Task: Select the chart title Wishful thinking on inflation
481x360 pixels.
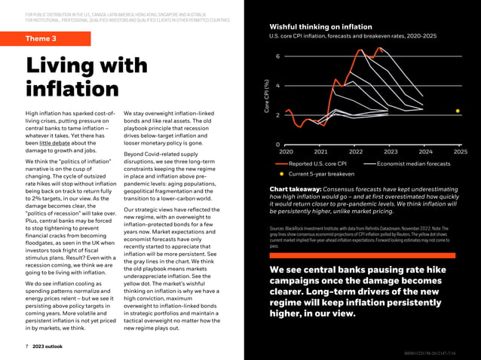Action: pyautogui.click(x=315, y=26)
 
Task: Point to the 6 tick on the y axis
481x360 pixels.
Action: pyautogui.click(x=278, y=56)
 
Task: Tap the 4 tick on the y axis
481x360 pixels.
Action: pyautogui.click(x=278, y=86)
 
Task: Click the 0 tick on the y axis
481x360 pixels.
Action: pyautogui.click(x=278, y=145)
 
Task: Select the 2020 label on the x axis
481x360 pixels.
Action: pyautogui.click(x=286, y=151)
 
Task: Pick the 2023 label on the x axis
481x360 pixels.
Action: pyautogui.click(x=391, y=151)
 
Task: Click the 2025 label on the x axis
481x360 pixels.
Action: pyautogui.click(x=460, y=151)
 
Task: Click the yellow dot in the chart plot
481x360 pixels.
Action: pyautogui.click(x=457, y=111)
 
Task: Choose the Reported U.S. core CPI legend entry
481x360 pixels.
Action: pyautogui.click(x=317, y=163)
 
